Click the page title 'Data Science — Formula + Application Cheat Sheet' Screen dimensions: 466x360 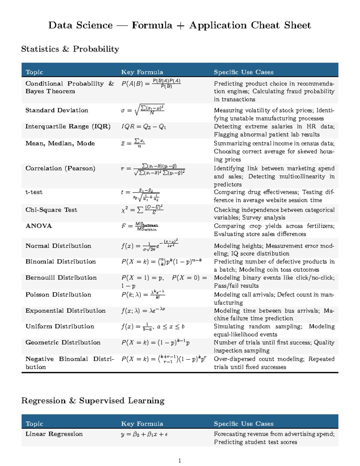point(179,25)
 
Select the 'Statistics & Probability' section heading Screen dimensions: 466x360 point(70,49)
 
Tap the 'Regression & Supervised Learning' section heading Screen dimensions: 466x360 point(93,401)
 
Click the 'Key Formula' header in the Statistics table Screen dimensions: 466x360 point(142,72)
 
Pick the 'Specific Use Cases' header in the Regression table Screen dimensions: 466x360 point(243,424)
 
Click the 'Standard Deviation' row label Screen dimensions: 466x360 point(57,110)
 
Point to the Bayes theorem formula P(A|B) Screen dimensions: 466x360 point(151,84)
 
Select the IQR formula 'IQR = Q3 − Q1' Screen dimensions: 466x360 point(143,127)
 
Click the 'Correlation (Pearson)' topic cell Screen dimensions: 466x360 point(60,168)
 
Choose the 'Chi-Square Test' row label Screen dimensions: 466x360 point(51,210)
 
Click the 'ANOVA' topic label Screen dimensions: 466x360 point(39,226)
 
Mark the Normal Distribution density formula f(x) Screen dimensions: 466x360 point(150,245)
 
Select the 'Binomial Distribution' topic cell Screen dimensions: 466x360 point(61,262)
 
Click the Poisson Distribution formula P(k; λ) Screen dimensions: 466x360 point(143,294)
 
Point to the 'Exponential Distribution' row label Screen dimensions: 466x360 point(65,311)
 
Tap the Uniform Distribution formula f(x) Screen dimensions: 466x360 point(153,326)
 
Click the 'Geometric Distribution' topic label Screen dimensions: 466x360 point(63,342)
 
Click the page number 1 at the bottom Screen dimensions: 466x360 point(179,461)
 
